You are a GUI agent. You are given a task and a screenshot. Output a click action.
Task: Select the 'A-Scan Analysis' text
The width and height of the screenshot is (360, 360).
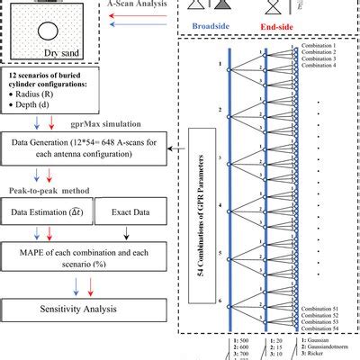pyautogui.click(x=138, y=4)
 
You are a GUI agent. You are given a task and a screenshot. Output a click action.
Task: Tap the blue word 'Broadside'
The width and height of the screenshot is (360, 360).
pyautogui.click(x=214, y=28)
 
